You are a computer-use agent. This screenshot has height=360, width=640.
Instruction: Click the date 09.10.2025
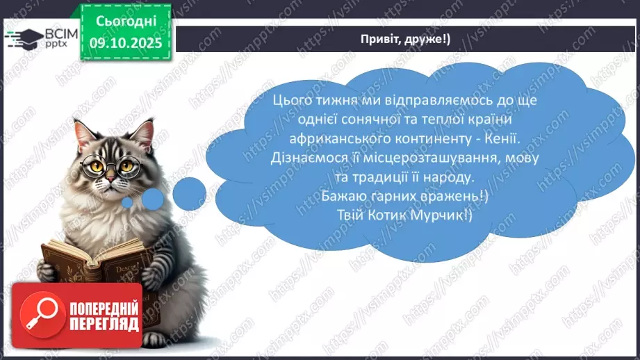click(x=126, y=43)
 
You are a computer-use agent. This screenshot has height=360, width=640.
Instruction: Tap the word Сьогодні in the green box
click(x=126, y=22)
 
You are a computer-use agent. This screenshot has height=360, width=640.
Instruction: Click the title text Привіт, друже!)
click(x=405, y=39)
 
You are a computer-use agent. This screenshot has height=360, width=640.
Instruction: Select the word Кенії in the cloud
click(x=502, y=138)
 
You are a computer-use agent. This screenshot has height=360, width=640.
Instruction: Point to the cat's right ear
click(x=143, y=131)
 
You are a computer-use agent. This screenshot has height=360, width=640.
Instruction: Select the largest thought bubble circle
click(x=190, y=194)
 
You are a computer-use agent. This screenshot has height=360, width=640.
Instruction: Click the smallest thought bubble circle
click(x=127, y=202)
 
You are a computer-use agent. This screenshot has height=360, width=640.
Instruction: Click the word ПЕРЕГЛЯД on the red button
click(x=104, y=325)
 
